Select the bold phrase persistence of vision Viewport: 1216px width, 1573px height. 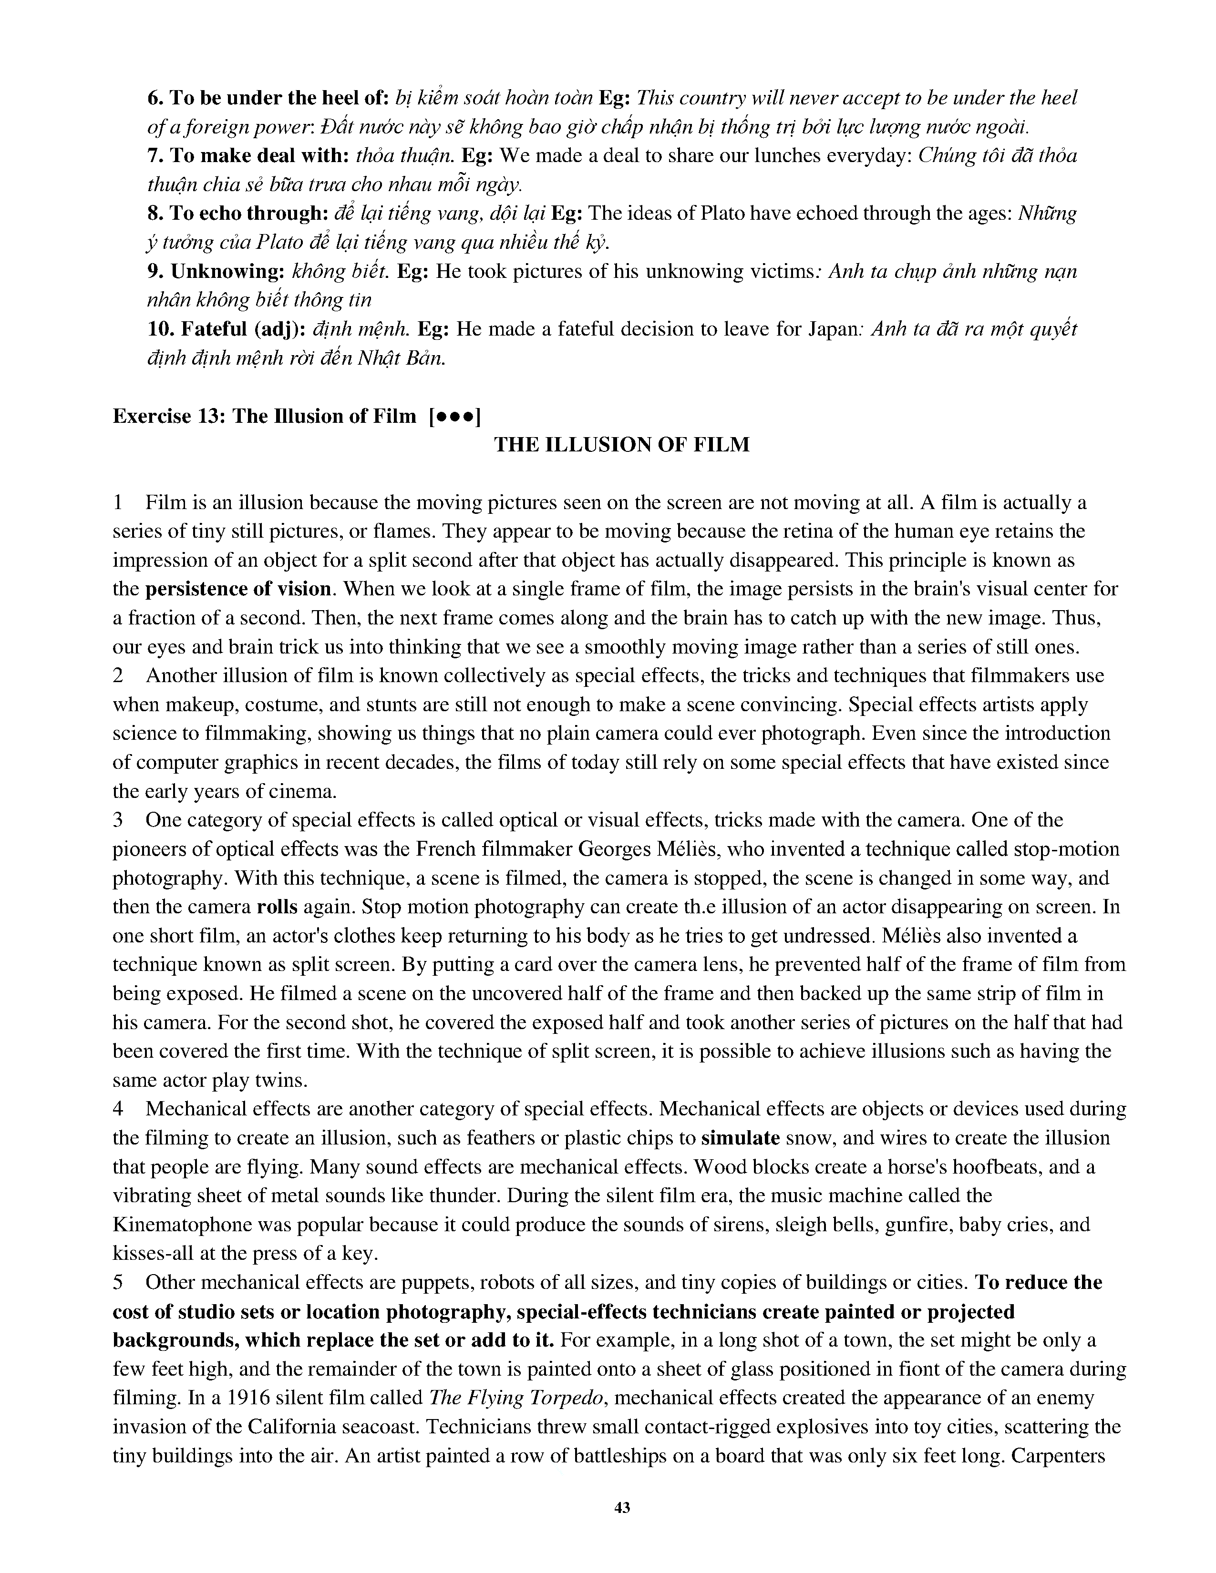click(238, 589)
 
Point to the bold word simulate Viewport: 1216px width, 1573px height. click(740, 1138)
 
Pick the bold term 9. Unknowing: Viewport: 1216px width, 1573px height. click(216, 272)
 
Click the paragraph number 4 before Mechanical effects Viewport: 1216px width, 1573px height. click(118, 1109)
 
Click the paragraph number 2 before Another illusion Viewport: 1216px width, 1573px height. click(118, 675)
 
